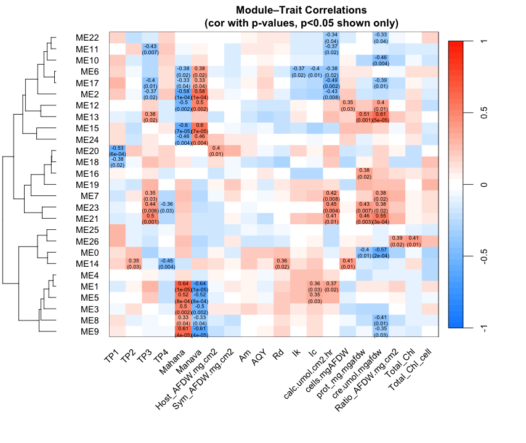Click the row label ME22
click(x=88, y=38)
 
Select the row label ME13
click(x=88, y=116)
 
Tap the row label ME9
click(x=91, y=331)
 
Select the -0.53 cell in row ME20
click(x=117, y=150)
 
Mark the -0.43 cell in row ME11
click(x=150, y=49)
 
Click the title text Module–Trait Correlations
click(x=301, y=10)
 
